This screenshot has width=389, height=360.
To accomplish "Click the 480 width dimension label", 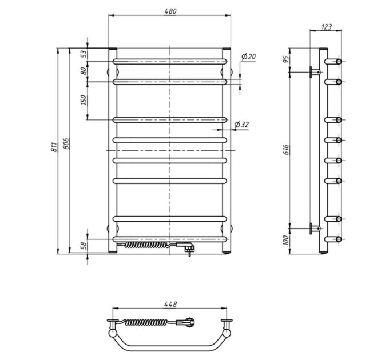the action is click(170, 11).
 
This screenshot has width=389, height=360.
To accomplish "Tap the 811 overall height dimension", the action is click(54, 147).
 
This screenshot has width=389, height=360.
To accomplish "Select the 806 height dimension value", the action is click(66, 143).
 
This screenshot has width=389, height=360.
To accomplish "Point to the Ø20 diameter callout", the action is click(248, 57).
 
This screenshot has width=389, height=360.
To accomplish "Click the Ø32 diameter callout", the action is click(241, 125).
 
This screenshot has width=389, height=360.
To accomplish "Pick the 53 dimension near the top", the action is click(84, 54).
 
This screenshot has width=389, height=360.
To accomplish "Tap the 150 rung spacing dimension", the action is click(84, 100).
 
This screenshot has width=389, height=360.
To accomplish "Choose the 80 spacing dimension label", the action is click(84, 71).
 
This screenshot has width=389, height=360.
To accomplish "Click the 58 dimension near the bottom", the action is click(84, 246).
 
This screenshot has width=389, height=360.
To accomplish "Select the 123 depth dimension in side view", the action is click(326, 26).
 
